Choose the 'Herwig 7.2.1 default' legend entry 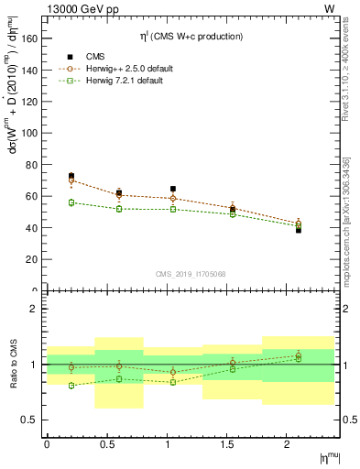pyautogui.click(x=111, y=81)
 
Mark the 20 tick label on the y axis pyautogui.click(x=32, y=259)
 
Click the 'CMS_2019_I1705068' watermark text pyautogui.click(x=191, y=272)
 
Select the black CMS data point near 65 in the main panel pyautogui.click(x=173, y=189)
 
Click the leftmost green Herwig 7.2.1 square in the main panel pyautogui.click(x=71, y=202)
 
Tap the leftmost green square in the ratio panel pyautogui.click(x=71, y=386)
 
